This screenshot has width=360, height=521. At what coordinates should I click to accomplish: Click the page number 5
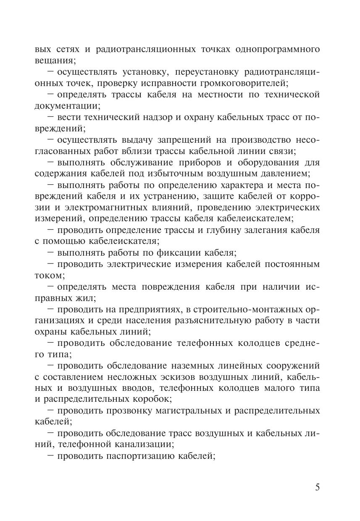[x=317, y=487]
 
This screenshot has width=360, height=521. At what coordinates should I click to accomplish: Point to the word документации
[x=66, y=106]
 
